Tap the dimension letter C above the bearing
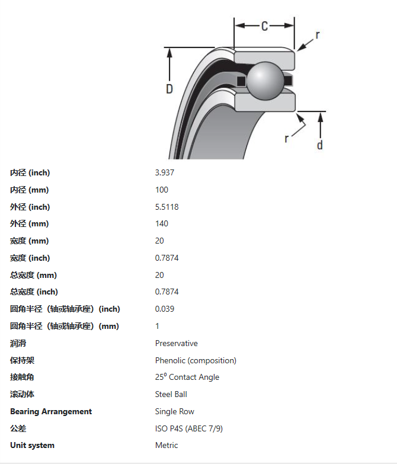tap(265, 26)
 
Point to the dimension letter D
tap(169, 89)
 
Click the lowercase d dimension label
tap(320, 145)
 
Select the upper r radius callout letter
tap(318, 35)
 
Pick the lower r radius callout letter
tap(287, 137)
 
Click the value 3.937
tap(165, 173)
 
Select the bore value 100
tap(162, 190)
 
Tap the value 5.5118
tap(167, 207)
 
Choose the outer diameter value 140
tap(162, 224)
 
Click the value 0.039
tap(165, 309)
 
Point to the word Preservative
tap(177, 344)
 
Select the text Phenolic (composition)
tap(196, 361)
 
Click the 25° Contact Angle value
tap(187, 377)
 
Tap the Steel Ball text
tap(171, 395)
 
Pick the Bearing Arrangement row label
tap(51, 412)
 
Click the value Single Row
tap(175, 412)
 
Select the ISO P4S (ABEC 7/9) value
tap(189, 428)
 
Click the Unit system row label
tap(32, 446)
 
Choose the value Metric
tap(167, 446)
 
